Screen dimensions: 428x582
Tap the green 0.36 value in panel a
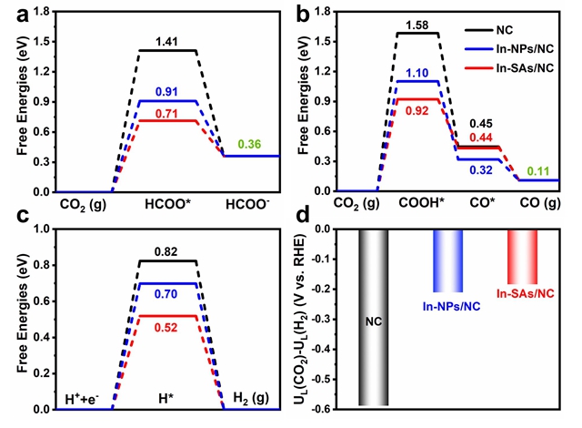[x=248, y=144]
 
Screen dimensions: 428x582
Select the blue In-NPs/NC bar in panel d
[x=447, y=260]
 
